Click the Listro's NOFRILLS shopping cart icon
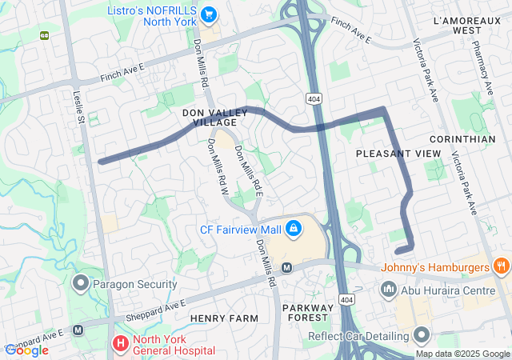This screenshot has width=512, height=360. (209, 14)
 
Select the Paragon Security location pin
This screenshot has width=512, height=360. (81, 283)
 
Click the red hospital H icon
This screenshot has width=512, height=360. (119, 344)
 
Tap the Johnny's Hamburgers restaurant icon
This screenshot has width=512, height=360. (502, 266)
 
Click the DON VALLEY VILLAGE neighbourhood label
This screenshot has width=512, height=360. (210, 118)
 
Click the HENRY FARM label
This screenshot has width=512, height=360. (224, 318)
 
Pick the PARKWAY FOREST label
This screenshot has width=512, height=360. (307, 314)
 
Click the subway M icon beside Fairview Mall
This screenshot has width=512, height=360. (286, 266)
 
